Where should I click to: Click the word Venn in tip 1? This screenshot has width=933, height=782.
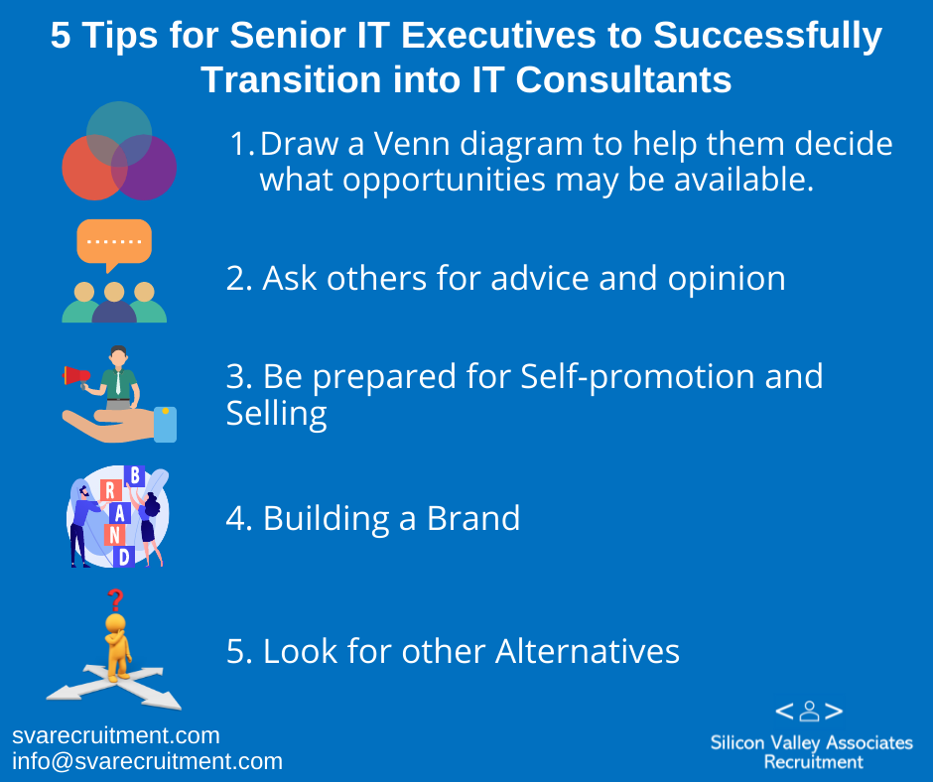point(411,144)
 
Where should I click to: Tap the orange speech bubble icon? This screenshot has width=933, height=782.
point(114,244)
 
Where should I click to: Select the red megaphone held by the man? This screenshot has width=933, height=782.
point(76,375)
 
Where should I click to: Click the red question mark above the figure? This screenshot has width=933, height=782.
point(116,599)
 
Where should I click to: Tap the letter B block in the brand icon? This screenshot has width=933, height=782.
point(134,475)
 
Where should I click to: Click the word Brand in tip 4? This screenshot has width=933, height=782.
point(473,518)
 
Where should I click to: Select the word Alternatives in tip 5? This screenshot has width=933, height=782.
point(588,650)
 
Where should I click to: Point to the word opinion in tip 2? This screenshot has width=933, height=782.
point(727,279)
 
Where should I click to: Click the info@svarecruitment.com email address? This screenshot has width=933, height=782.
point(148,761)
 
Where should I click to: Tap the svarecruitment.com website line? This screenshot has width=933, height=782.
point(116,735)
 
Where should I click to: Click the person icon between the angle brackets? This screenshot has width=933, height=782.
point(809,712)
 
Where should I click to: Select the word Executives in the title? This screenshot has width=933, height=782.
point(498,35)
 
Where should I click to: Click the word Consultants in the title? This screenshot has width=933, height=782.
point(623,79)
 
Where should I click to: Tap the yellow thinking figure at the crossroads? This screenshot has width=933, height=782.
point(117,647)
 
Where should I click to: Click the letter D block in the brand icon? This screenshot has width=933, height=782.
point(123,557)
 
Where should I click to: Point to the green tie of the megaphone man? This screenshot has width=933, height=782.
point(118,382)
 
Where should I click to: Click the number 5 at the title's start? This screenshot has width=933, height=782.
point(61,35)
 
